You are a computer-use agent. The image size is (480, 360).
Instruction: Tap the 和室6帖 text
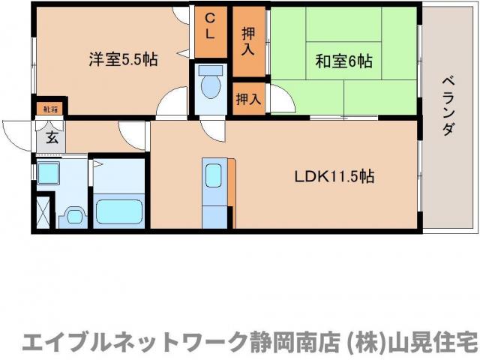coord(343,61)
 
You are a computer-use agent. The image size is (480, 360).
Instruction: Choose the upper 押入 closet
coord(248,40)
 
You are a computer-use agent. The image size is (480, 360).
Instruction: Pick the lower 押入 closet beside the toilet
coord(248,97)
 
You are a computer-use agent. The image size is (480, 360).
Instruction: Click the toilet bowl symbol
coord(211,84)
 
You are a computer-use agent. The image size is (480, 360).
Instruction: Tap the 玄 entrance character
coord(51,137)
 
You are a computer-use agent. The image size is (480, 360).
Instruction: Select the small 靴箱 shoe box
coord(50,109)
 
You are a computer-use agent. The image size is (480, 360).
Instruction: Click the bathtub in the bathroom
coord(118,211)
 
